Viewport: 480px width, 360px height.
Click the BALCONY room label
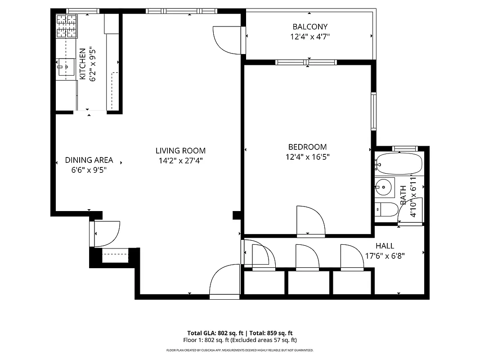point(310,27)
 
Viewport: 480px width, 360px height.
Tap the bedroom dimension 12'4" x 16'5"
point(308,157)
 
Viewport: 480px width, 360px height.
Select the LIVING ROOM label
point(180,151)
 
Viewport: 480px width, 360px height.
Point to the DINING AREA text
point(89,160)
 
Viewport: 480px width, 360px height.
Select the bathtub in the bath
point(399,164)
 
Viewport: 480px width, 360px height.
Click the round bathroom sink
point(384,186)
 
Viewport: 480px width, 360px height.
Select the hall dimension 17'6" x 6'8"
point(385,256)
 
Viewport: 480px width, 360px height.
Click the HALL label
point(385,246)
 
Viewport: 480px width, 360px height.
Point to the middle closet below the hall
point(308,283)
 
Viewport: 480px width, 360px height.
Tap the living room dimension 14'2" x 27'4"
point(180,161)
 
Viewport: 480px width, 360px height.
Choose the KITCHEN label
point(83,64)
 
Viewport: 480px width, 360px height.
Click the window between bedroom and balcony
point(306,62)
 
